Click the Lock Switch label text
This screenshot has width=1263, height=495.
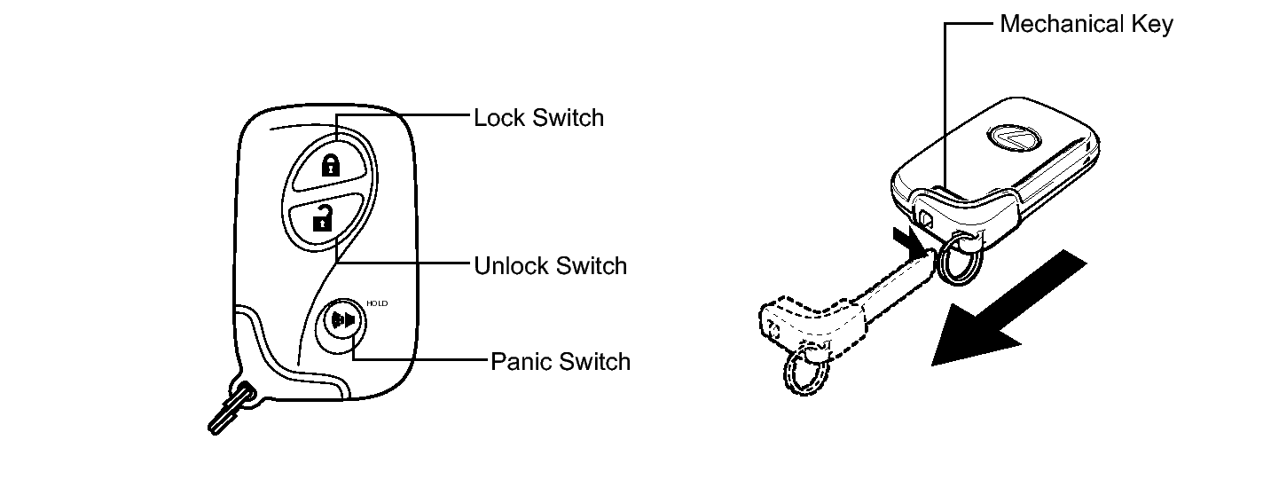coord(538,118)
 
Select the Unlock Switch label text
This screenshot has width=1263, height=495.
coord(550,265)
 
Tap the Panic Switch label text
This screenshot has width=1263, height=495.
coord(561,361)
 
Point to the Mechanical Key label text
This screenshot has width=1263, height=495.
coord(1086,24)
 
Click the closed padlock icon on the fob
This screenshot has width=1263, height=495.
coord(329,164)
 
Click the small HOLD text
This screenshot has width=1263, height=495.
coord(377,302)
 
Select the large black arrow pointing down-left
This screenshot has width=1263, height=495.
coord(1007,310)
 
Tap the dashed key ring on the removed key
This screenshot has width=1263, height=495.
coord(804,372)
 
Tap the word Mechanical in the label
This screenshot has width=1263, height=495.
coord(1056,24)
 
